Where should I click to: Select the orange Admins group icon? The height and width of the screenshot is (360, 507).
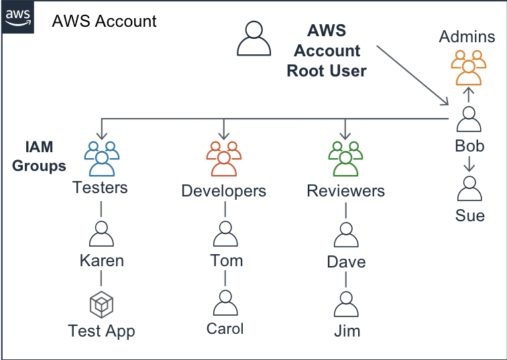467,66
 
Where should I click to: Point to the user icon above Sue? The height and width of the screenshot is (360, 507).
469,189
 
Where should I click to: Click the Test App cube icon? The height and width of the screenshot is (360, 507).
101,305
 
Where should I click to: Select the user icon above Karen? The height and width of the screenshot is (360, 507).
101,234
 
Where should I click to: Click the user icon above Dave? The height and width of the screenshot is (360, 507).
345,235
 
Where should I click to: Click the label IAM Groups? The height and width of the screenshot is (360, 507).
39,156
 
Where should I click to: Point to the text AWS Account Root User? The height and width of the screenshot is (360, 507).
326,51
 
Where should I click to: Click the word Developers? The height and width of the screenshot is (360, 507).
223,191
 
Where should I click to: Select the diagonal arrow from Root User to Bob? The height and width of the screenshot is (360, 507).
412,75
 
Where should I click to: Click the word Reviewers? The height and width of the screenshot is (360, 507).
345,191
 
